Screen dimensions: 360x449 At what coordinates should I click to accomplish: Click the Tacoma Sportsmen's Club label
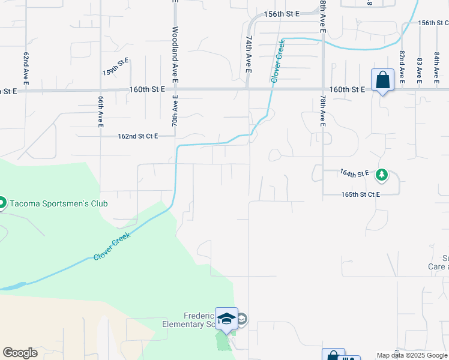[58, 203]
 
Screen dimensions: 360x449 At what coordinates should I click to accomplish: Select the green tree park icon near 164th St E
[381, 175]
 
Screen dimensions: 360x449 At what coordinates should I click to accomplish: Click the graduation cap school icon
[227, 319]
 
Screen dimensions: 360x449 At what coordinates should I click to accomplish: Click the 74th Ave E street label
[247, 53]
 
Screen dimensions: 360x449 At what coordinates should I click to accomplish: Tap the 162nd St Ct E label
[137, 136]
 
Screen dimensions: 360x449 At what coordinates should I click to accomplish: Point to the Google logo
[20, 353]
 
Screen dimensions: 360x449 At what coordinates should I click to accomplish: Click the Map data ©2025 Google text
[412, 355]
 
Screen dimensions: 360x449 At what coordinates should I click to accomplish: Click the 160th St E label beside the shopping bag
[348, 89]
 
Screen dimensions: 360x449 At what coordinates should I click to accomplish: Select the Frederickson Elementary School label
[198, 320]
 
